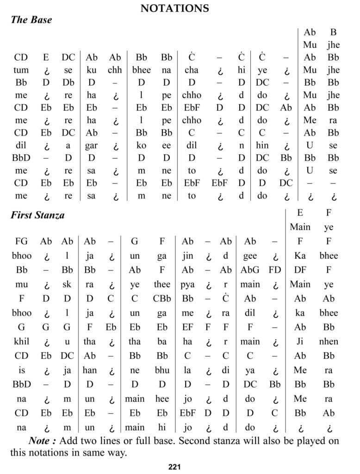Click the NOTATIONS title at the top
point(174,8)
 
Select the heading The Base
point(31,20)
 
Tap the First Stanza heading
point(37,215)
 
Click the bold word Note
point(43,441)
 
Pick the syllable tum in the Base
point(21,70)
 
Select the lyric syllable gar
point(91,145)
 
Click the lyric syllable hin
point(262,145)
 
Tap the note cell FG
point(21,241)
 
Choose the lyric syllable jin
point(187,256)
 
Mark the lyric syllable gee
point(250,256)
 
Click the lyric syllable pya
point(187,284)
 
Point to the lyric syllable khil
point(21,342)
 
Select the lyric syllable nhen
point(329,342)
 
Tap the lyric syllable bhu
point(162,370)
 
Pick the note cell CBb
point(162,299)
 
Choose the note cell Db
point(68,83)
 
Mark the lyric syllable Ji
point(300,342)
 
